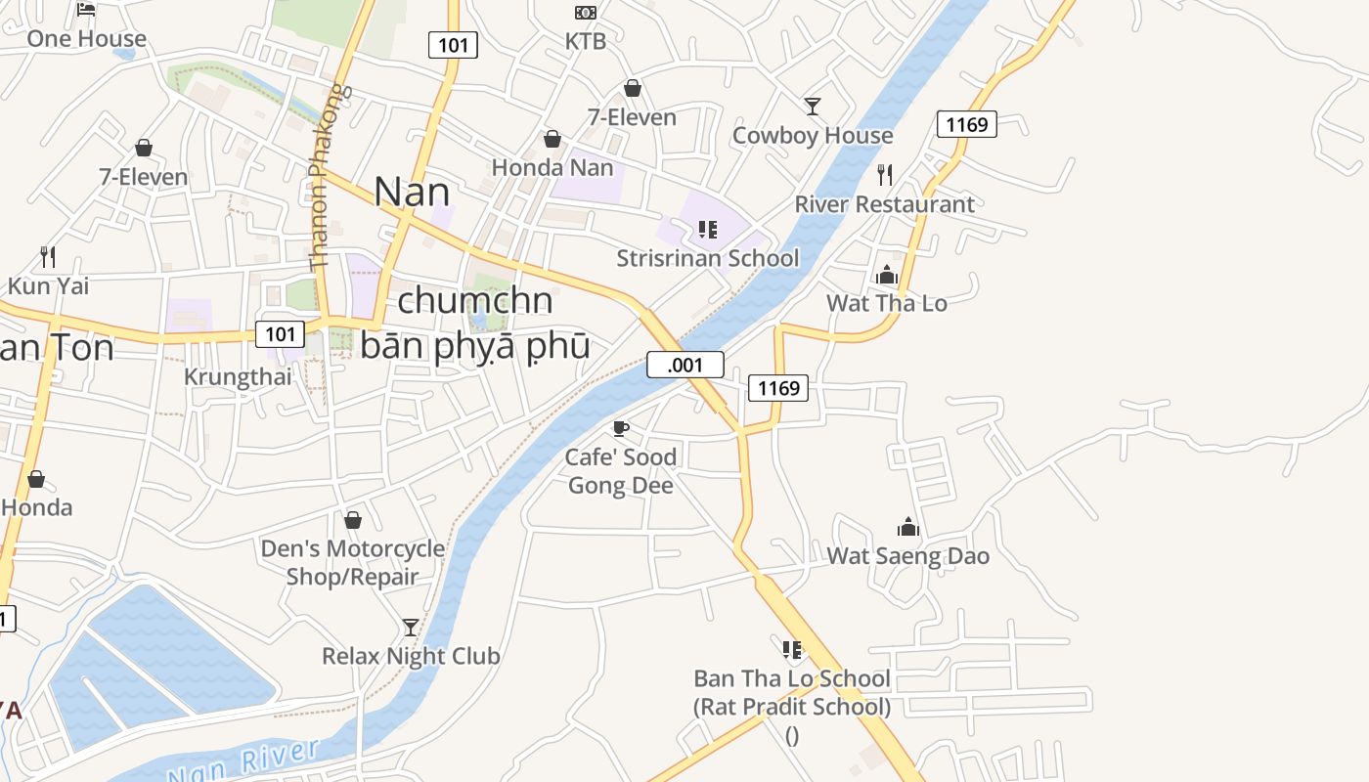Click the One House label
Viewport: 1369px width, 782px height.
(86, 39)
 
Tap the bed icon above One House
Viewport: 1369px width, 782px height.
(86, 10)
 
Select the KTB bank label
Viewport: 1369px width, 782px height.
(586, 41)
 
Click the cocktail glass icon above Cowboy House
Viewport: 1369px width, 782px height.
(812, 106)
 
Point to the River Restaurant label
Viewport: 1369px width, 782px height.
(884, 204)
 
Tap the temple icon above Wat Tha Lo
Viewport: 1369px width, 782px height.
(887, 275)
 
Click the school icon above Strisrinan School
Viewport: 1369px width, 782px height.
(708, 231)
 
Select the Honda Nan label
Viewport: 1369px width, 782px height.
(552, 167)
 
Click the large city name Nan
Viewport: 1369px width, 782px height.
(412, 192)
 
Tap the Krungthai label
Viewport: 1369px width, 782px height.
(238, 377)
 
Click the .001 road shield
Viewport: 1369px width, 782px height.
(684, 366)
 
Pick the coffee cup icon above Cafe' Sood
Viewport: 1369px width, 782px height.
(620, 428)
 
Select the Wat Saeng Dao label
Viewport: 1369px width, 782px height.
(907, 556)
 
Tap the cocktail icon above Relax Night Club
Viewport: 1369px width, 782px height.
(411, 627)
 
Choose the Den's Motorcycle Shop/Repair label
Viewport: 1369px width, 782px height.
(352, 562)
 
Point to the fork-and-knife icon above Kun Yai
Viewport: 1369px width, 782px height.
(48, 257)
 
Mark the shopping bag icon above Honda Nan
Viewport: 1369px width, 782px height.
(552, 140)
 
